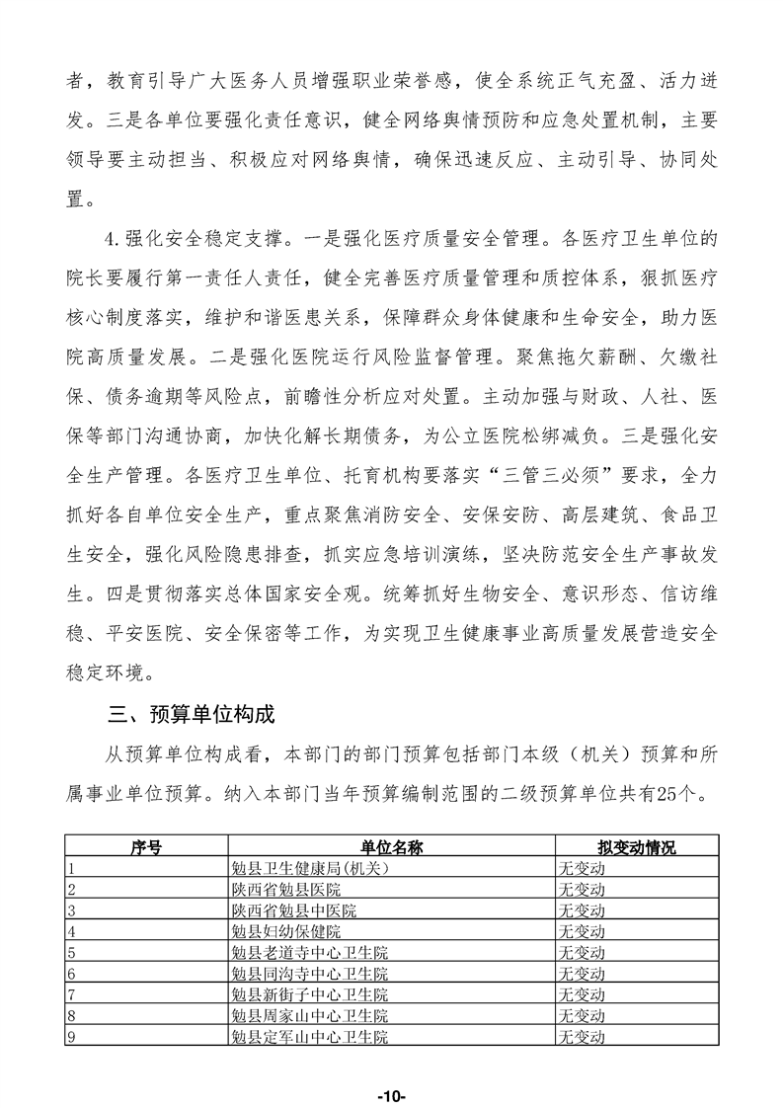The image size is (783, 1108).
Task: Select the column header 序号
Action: [x=146, y=847]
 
